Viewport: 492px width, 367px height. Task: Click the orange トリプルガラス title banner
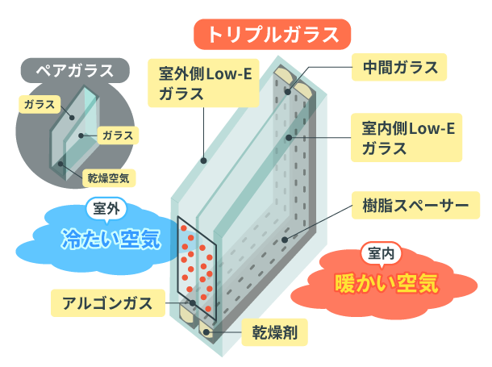272,35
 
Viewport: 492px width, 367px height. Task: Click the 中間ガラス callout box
398,67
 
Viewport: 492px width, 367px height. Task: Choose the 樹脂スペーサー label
411,204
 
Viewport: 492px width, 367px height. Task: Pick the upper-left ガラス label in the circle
40,104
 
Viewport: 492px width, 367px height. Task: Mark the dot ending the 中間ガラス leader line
287,91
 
